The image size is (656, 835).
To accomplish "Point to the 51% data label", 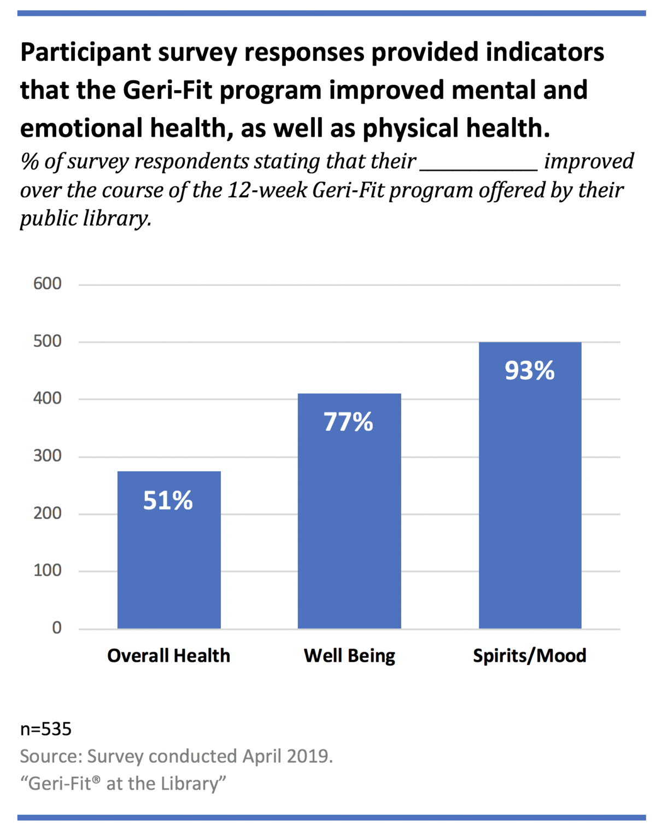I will [168, 500].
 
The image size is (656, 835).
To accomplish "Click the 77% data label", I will [348, 422].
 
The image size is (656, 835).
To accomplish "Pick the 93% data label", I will [529, 371].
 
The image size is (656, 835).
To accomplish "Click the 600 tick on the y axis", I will [48, 284].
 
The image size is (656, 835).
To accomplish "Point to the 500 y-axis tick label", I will [48, 341].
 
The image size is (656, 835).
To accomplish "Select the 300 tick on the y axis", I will [48, 456].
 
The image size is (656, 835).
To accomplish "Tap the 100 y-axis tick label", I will [48, 570].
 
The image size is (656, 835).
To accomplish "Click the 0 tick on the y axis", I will [57, 628].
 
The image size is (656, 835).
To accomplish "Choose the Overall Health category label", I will [168, 656].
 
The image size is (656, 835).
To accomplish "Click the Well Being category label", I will [349, 656].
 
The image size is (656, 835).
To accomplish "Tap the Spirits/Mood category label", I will [529, 656].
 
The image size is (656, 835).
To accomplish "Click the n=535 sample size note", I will [46, 729].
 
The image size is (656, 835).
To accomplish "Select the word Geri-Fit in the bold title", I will [167, 90].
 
